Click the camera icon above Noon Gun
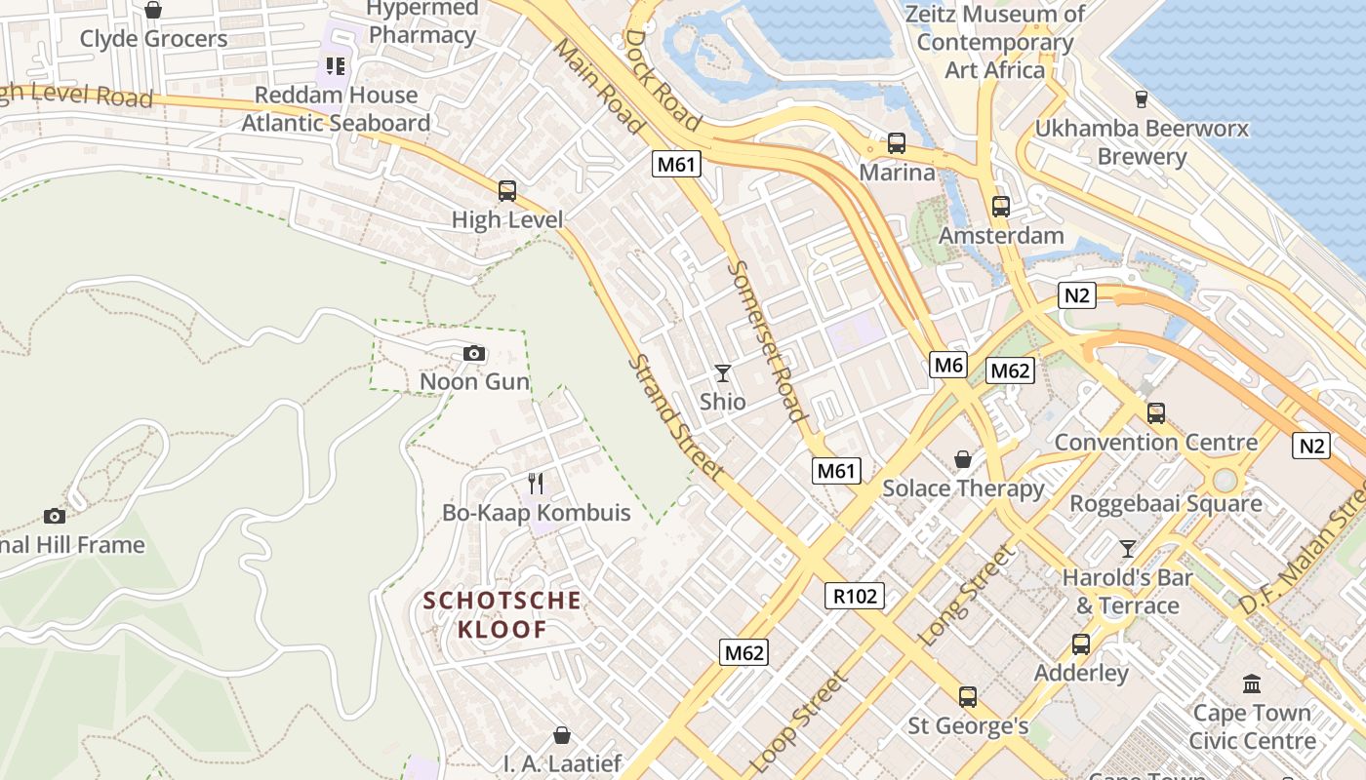coord(474,353)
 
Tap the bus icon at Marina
coord(897,143)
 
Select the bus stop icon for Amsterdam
coord(1001,207)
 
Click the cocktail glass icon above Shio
coord(722,372)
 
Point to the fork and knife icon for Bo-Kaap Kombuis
coord(536,483)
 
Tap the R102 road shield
coord(856,596)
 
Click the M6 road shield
coord(947,366)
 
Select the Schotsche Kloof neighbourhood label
coord(502,614)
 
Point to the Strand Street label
coord(676,417)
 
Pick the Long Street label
coord(967,595)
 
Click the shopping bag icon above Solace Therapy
coord(963,458)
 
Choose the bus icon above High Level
coord(507,191)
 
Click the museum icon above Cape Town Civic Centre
coord(1252,683)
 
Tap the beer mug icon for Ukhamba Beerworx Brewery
coord(1141,98)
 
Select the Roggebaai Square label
coord(1166,504)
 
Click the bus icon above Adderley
coord(1081,643)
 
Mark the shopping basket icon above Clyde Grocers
coord(153,10)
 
